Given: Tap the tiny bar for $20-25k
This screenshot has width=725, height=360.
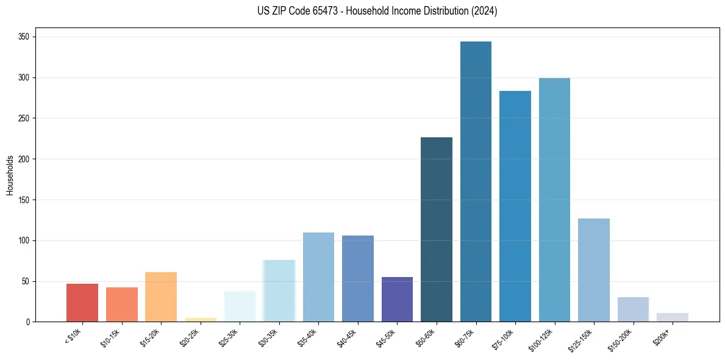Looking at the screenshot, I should click(201, 320).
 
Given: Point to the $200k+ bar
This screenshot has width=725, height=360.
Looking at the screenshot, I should click(673, 317).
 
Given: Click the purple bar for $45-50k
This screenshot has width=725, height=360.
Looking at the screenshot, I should click(397, 300).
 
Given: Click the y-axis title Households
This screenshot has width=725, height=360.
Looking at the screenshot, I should click(10, 175).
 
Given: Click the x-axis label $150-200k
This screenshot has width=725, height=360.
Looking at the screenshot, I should click(620, 338).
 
